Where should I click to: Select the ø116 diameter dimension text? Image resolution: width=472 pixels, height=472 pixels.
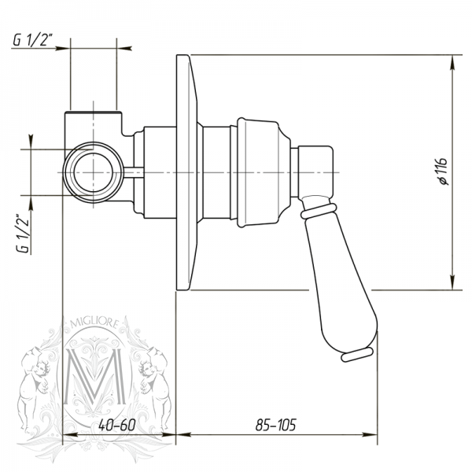[442, 171]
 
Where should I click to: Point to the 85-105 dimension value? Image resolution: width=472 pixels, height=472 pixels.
[275, 425]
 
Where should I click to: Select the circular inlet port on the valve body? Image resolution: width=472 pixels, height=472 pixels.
[92, 172]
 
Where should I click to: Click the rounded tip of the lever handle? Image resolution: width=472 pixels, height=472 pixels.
[356, 356]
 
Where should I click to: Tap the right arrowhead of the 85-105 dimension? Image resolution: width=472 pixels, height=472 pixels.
[370, 433]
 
